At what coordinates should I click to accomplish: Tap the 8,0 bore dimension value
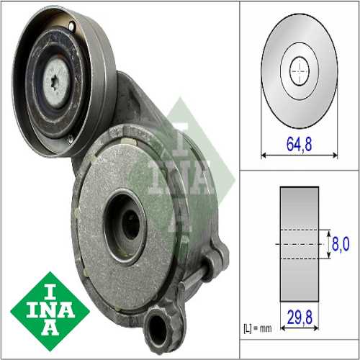(338, 245)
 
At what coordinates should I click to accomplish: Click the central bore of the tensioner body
(130, 225)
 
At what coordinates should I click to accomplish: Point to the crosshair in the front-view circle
(298, 69)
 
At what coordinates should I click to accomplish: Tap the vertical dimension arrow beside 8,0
(328, 245)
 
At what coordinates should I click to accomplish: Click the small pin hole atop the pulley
(72, 27)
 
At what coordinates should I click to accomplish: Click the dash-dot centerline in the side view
(298, 244)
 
